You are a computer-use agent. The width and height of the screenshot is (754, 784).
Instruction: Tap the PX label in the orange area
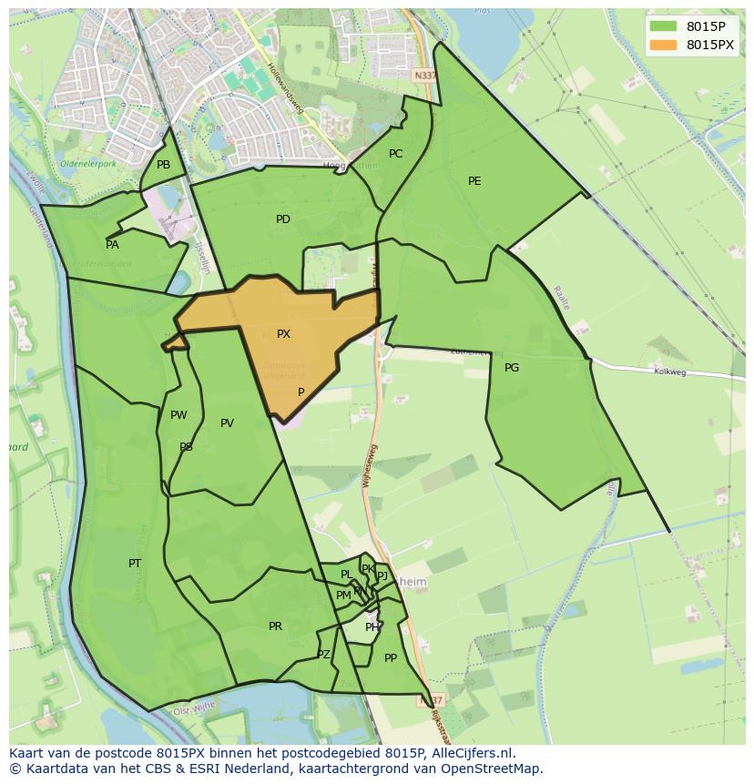coord(283,334)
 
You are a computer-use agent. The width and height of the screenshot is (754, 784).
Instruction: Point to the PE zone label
coord(474,181)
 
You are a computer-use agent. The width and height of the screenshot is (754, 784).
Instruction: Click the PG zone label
coord(512,368)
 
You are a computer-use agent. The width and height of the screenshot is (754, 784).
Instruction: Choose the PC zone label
coord(395,154)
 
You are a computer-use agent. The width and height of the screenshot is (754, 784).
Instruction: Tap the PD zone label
coord(283,219)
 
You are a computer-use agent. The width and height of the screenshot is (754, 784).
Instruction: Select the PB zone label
coord(163,165)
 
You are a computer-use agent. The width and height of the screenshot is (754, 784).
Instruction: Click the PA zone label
coord(112,245)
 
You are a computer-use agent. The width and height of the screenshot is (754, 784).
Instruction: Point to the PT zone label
coord(135,564)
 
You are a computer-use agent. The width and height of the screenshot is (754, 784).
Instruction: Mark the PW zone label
coord(178,415)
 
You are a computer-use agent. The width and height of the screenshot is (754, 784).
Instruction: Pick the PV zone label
coord(227,423)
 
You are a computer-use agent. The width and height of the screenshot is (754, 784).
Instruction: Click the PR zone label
coord(275,626)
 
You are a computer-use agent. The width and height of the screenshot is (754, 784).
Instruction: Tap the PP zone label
coord(391,658)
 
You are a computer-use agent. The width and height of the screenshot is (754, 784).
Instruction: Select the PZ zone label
coord(323,655)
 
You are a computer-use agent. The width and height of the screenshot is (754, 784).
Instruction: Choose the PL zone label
coord(346,575)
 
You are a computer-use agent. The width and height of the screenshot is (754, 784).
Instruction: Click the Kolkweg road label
coord(669,372)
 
